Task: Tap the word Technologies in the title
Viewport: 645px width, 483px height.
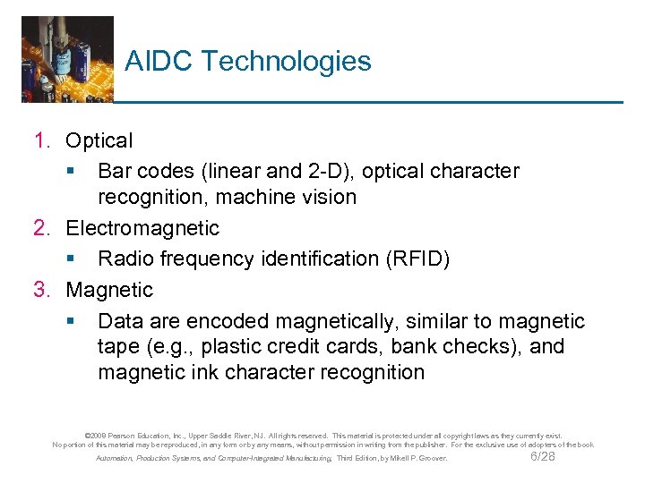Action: (286, 62)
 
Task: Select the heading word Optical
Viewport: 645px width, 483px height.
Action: (99, 140)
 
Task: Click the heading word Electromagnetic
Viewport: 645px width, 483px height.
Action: (142, 228)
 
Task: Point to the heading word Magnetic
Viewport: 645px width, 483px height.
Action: (109, 290)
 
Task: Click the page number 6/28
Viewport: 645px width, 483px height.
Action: (543, 457)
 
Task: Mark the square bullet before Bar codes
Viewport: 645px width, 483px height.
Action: (70, 171)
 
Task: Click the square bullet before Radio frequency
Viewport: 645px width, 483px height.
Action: (70, 259)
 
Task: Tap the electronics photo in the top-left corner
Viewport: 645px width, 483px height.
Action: (67, 58)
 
